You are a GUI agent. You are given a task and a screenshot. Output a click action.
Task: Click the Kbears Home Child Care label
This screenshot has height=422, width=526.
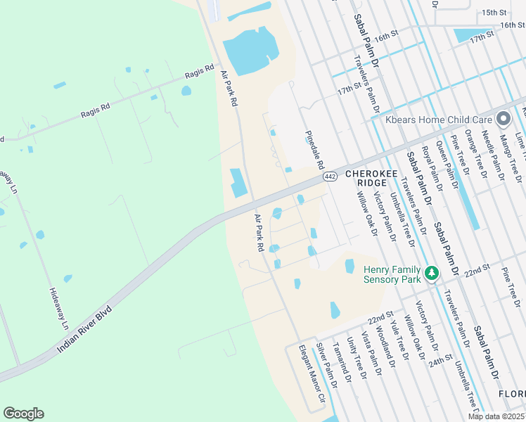(x=438, y=120)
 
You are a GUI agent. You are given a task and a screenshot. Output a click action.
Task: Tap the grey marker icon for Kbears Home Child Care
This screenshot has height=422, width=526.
(x=503, y=120)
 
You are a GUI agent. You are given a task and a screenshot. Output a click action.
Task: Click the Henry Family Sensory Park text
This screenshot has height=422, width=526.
(x=392, y=274)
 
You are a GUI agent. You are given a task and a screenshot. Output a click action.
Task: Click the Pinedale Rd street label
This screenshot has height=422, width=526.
(x=314, y=149)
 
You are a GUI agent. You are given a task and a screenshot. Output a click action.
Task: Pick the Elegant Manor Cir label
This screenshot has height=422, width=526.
(x=312, y=373)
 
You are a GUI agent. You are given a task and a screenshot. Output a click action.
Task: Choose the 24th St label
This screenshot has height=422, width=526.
(x=442, y=359)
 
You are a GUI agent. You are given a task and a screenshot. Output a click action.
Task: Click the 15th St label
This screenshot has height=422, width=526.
(x=494, y=13)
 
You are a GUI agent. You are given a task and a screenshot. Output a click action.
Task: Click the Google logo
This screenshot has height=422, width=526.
(x=24, y=414)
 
